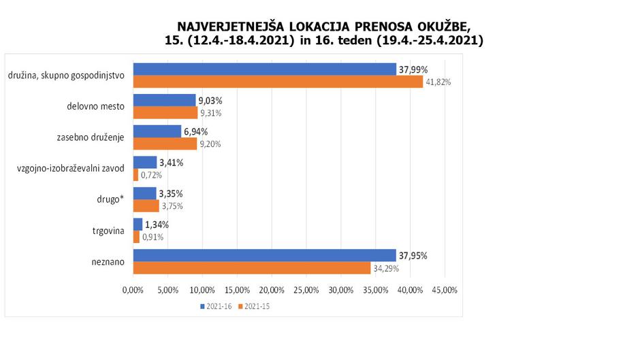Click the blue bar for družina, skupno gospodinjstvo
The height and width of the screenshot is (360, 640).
tap(264, 69)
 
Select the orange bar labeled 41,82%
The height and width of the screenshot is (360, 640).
tap(278, 82)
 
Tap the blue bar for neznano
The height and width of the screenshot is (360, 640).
tap(264, 255)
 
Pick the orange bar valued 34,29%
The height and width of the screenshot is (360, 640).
tap(251, 268)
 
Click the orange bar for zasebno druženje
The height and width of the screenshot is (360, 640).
tap(165, 144)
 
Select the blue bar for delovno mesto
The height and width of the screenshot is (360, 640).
tap(164, 100)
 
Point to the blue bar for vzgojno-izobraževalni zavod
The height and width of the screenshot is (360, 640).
tap(144, 162)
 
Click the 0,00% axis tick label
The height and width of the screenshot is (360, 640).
tap(133, 290)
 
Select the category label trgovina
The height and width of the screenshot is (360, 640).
tap(107, 231)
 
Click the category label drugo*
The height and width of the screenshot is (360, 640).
tap(109, 200)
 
